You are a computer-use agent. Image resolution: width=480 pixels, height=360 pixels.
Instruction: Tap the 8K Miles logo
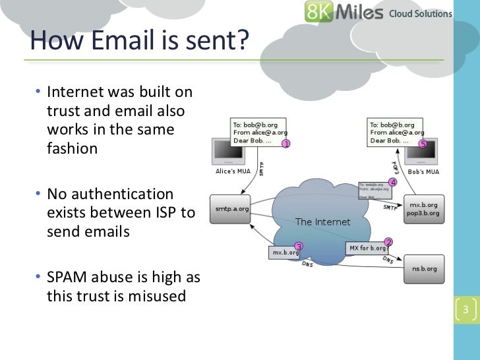pos(344,13)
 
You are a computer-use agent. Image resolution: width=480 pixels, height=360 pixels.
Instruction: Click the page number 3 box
pos(465,311)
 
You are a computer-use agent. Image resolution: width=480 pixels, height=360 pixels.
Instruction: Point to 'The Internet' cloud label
pos(323,222)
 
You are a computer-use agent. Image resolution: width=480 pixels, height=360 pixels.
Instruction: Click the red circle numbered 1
pos(285,144)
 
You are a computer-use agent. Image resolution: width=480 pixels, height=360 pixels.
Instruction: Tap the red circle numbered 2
pos(388,243)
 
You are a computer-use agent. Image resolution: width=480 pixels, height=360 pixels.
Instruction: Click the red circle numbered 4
pos(393,182)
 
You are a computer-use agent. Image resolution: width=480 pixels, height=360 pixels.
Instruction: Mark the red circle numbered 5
pos(423,144)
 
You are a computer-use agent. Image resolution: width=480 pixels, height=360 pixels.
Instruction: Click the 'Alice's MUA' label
pos(234,171)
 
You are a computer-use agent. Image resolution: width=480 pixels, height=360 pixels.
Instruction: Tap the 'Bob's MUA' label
pos(424,172)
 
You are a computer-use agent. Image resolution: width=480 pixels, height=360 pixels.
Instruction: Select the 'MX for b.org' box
pos(368,249)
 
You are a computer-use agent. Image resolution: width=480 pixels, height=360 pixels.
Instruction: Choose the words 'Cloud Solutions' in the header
pos(421,13)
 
